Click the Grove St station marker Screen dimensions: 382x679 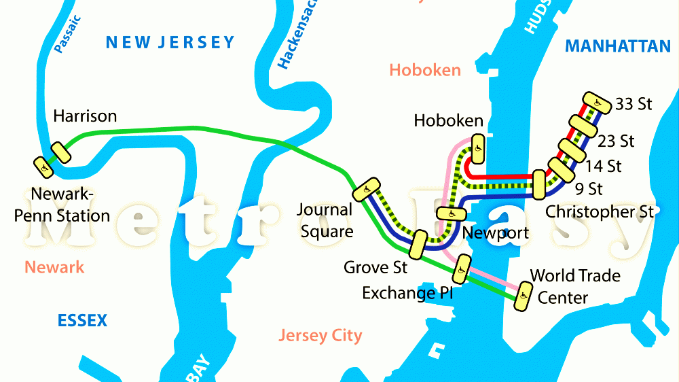tap(419, 241)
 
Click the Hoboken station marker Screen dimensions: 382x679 tap(477, 148)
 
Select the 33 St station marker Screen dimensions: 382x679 tap(597, 102)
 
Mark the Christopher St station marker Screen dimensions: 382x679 tap(539, 185)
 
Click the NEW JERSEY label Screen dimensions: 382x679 tap(170, 43)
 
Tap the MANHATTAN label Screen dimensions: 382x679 tap(618, 46)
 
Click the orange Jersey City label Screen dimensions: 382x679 tap(320, 336)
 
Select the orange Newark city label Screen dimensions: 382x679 tap(54, 267)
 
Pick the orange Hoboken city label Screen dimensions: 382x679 tap(425, 70)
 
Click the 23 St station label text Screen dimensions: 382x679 tap(616, 141)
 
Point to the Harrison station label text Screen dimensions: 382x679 tap(85, 116)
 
